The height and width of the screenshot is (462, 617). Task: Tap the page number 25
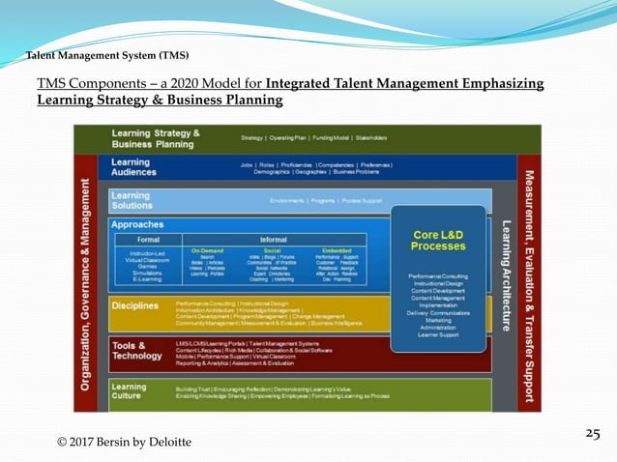[x=593, y=434]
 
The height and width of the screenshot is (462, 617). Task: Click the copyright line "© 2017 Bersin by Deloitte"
[x=124, y=442]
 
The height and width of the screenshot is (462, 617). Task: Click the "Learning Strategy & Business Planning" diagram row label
[x=156, y=138]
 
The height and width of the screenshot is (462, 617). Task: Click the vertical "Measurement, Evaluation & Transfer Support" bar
[x=529, y=271]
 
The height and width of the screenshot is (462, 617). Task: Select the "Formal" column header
[x=148, y=239]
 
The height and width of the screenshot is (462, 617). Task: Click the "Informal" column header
[x=273, y=239]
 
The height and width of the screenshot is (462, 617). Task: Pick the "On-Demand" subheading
[x=208, y=249]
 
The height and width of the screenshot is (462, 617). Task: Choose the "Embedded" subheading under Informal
[x=337, y=249]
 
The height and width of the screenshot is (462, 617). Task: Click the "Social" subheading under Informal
[x=273, y=249]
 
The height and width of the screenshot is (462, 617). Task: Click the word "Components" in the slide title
[x=111, y=84]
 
